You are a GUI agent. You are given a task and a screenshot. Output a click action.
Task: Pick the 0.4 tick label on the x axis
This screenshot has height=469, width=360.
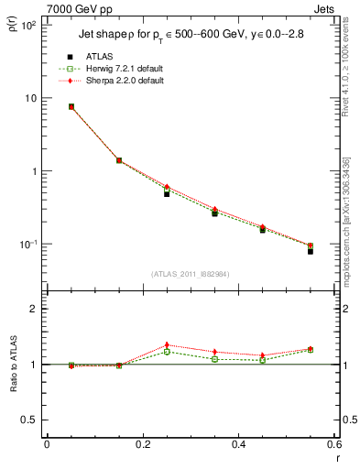(x=238, y=444)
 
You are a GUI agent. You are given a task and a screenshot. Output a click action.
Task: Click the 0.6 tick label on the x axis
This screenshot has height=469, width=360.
(x=333, y=444)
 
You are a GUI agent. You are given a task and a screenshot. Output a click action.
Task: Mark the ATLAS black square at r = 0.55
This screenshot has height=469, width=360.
(x=311, y=250)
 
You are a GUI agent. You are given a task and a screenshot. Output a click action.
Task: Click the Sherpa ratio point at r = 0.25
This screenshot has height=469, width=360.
(x=167, y=345)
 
